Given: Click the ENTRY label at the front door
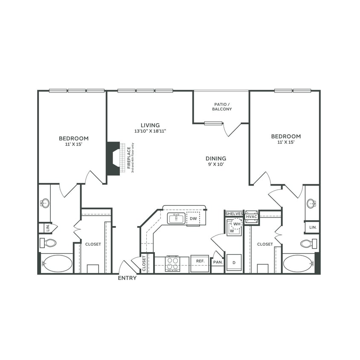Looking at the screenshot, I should click(x=127, y=278).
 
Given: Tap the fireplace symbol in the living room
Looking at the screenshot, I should click(x=113, y=158).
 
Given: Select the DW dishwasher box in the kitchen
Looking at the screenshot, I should click(x=193, y=219).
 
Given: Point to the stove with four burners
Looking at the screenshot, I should click(x=172, y=264).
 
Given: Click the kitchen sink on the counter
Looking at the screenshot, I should click(x=176, y=219).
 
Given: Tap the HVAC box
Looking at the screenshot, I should click(x=251, y=217).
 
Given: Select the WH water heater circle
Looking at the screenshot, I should click(x=237, y=224).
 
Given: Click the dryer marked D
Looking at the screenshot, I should click(x=234, y=263).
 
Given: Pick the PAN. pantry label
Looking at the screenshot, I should click(x=218, y=262).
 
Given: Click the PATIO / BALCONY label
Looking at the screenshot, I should click(x=222, y=107).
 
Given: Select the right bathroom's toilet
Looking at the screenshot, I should click(x=308, y=244).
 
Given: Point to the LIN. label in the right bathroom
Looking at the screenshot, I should click(x=313, y=228).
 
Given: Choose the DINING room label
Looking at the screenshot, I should click(x=215, y=158).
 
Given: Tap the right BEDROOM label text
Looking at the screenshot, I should click(x=286, y=136).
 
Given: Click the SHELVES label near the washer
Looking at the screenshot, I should click(x=234, y=214).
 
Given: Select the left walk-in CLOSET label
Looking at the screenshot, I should click(x=93, y=244).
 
